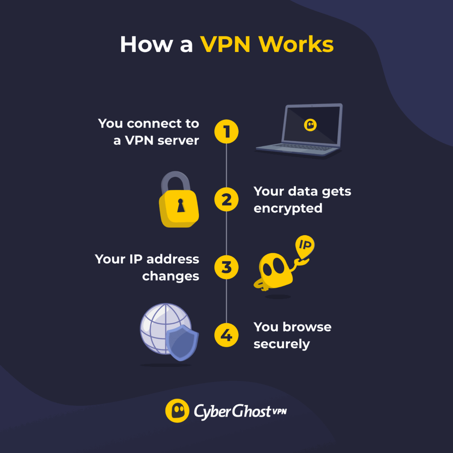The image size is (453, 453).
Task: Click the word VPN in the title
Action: (x=226, y=44)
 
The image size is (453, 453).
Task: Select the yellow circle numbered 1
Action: (x=226, y=132)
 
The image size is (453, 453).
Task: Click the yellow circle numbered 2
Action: (x=226, y=200)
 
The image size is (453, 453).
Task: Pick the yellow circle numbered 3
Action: (x=226, y=267)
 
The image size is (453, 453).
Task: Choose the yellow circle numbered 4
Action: (x=226, y=335)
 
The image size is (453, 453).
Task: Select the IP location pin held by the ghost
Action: (x=304, y=246)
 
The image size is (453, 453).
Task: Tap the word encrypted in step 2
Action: (x=288, y=208)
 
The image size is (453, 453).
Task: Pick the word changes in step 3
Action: (x=170, y=276)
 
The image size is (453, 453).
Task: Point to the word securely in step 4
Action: (x=281, y=344)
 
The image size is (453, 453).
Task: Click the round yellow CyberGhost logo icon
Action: (x=177, y=411)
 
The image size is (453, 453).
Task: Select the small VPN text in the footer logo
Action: (x=279, y=411)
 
